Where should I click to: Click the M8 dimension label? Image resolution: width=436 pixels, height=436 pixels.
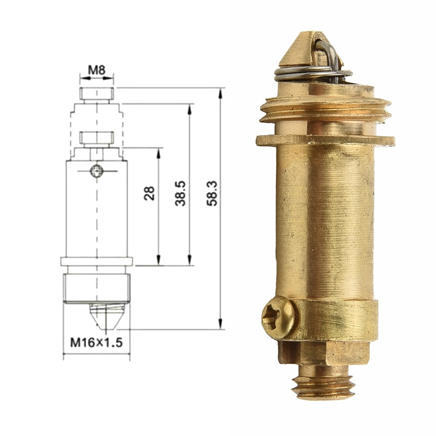(96, 70)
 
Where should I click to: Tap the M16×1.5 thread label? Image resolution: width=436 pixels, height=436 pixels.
(96, 343)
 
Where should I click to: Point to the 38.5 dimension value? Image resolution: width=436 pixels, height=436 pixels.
(181, 193)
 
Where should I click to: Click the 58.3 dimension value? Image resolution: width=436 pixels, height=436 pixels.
(212, 193)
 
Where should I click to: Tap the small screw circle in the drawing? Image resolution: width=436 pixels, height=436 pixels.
(97, 171)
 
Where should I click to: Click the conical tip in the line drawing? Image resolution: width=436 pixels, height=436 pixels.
(106, 316)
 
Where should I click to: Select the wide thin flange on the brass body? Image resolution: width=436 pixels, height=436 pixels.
(325, 140)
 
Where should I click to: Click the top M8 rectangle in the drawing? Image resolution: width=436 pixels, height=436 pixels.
(97, 94)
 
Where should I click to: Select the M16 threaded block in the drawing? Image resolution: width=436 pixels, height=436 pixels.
(96, 288)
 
